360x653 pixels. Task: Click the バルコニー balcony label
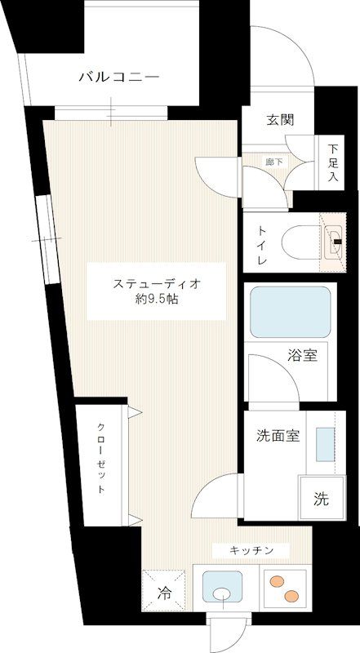pos(119,78)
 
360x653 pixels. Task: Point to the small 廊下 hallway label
pos(275,162)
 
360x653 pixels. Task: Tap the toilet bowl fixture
pos(301,242)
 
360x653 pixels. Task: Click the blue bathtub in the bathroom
pos(291,311)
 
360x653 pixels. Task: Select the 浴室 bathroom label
pos(302,355)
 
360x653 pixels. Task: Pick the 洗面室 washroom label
pos(273,435)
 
